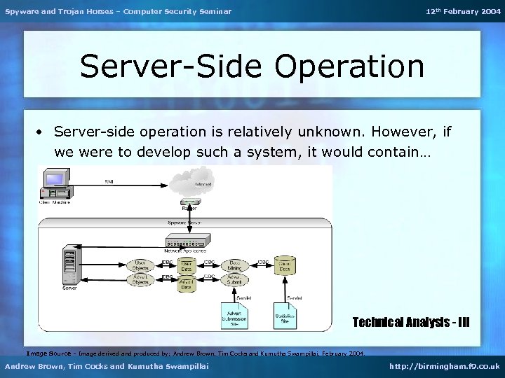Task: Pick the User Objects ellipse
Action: point(142,265)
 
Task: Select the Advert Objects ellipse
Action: point(142,280)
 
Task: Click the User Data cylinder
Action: point(187,265)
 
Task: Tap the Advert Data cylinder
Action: point(187,282)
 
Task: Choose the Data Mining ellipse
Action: point(234,265)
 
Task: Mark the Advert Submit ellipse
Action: point(234,280)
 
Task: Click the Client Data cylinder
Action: point(284,265)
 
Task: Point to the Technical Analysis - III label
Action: point(410,322)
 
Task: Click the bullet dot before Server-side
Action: point(43,132)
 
